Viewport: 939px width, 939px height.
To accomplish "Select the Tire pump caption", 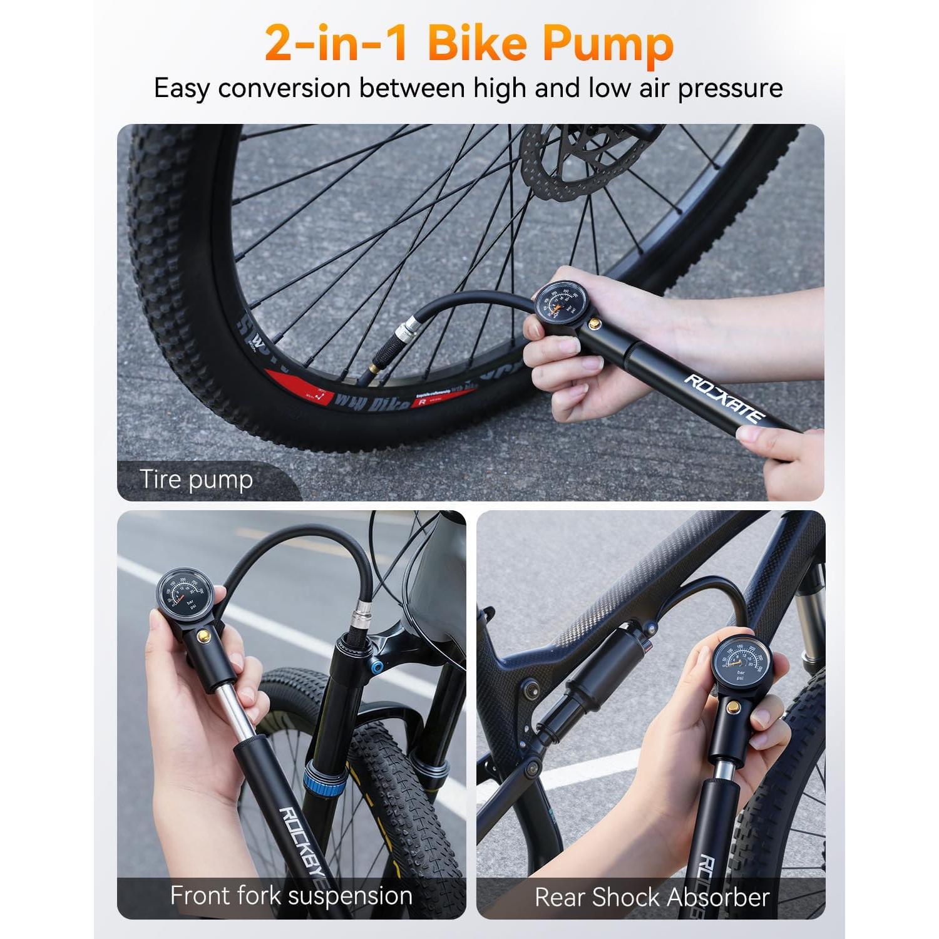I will click(x=196, y=480).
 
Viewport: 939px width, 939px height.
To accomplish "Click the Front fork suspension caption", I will click(x=291, y=896).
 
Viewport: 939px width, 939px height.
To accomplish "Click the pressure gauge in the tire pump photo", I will click(x=559, y=300).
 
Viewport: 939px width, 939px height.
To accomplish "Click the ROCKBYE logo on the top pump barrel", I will click(x=724, y=399).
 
